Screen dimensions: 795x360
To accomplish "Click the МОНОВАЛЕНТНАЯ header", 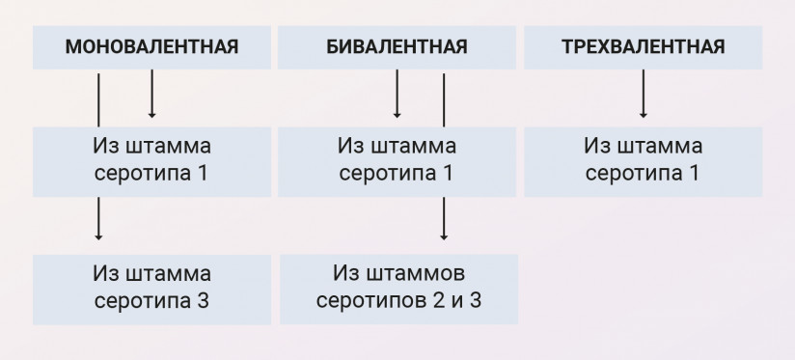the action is click(152, 46).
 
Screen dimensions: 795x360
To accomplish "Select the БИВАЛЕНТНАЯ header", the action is click(397, 46).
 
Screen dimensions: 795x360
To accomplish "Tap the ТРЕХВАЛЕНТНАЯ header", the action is click(643, 46).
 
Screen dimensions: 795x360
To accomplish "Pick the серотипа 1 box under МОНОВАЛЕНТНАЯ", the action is click(152, 160).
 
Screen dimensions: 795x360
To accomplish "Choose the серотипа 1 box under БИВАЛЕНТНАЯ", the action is click(397, 160).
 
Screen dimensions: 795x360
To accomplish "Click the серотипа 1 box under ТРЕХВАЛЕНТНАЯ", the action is click(643, 160).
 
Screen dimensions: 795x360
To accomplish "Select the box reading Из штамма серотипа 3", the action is click(152, 287).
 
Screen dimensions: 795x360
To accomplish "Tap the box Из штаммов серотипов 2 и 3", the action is click(397, 287).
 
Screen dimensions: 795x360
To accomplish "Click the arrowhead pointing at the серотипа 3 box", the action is click(98, 235).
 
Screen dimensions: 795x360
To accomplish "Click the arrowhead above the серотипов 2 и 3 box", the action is click(444, 235).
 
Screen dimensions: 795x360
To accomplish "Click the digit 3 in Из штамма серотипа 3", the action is click(202, 300).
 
